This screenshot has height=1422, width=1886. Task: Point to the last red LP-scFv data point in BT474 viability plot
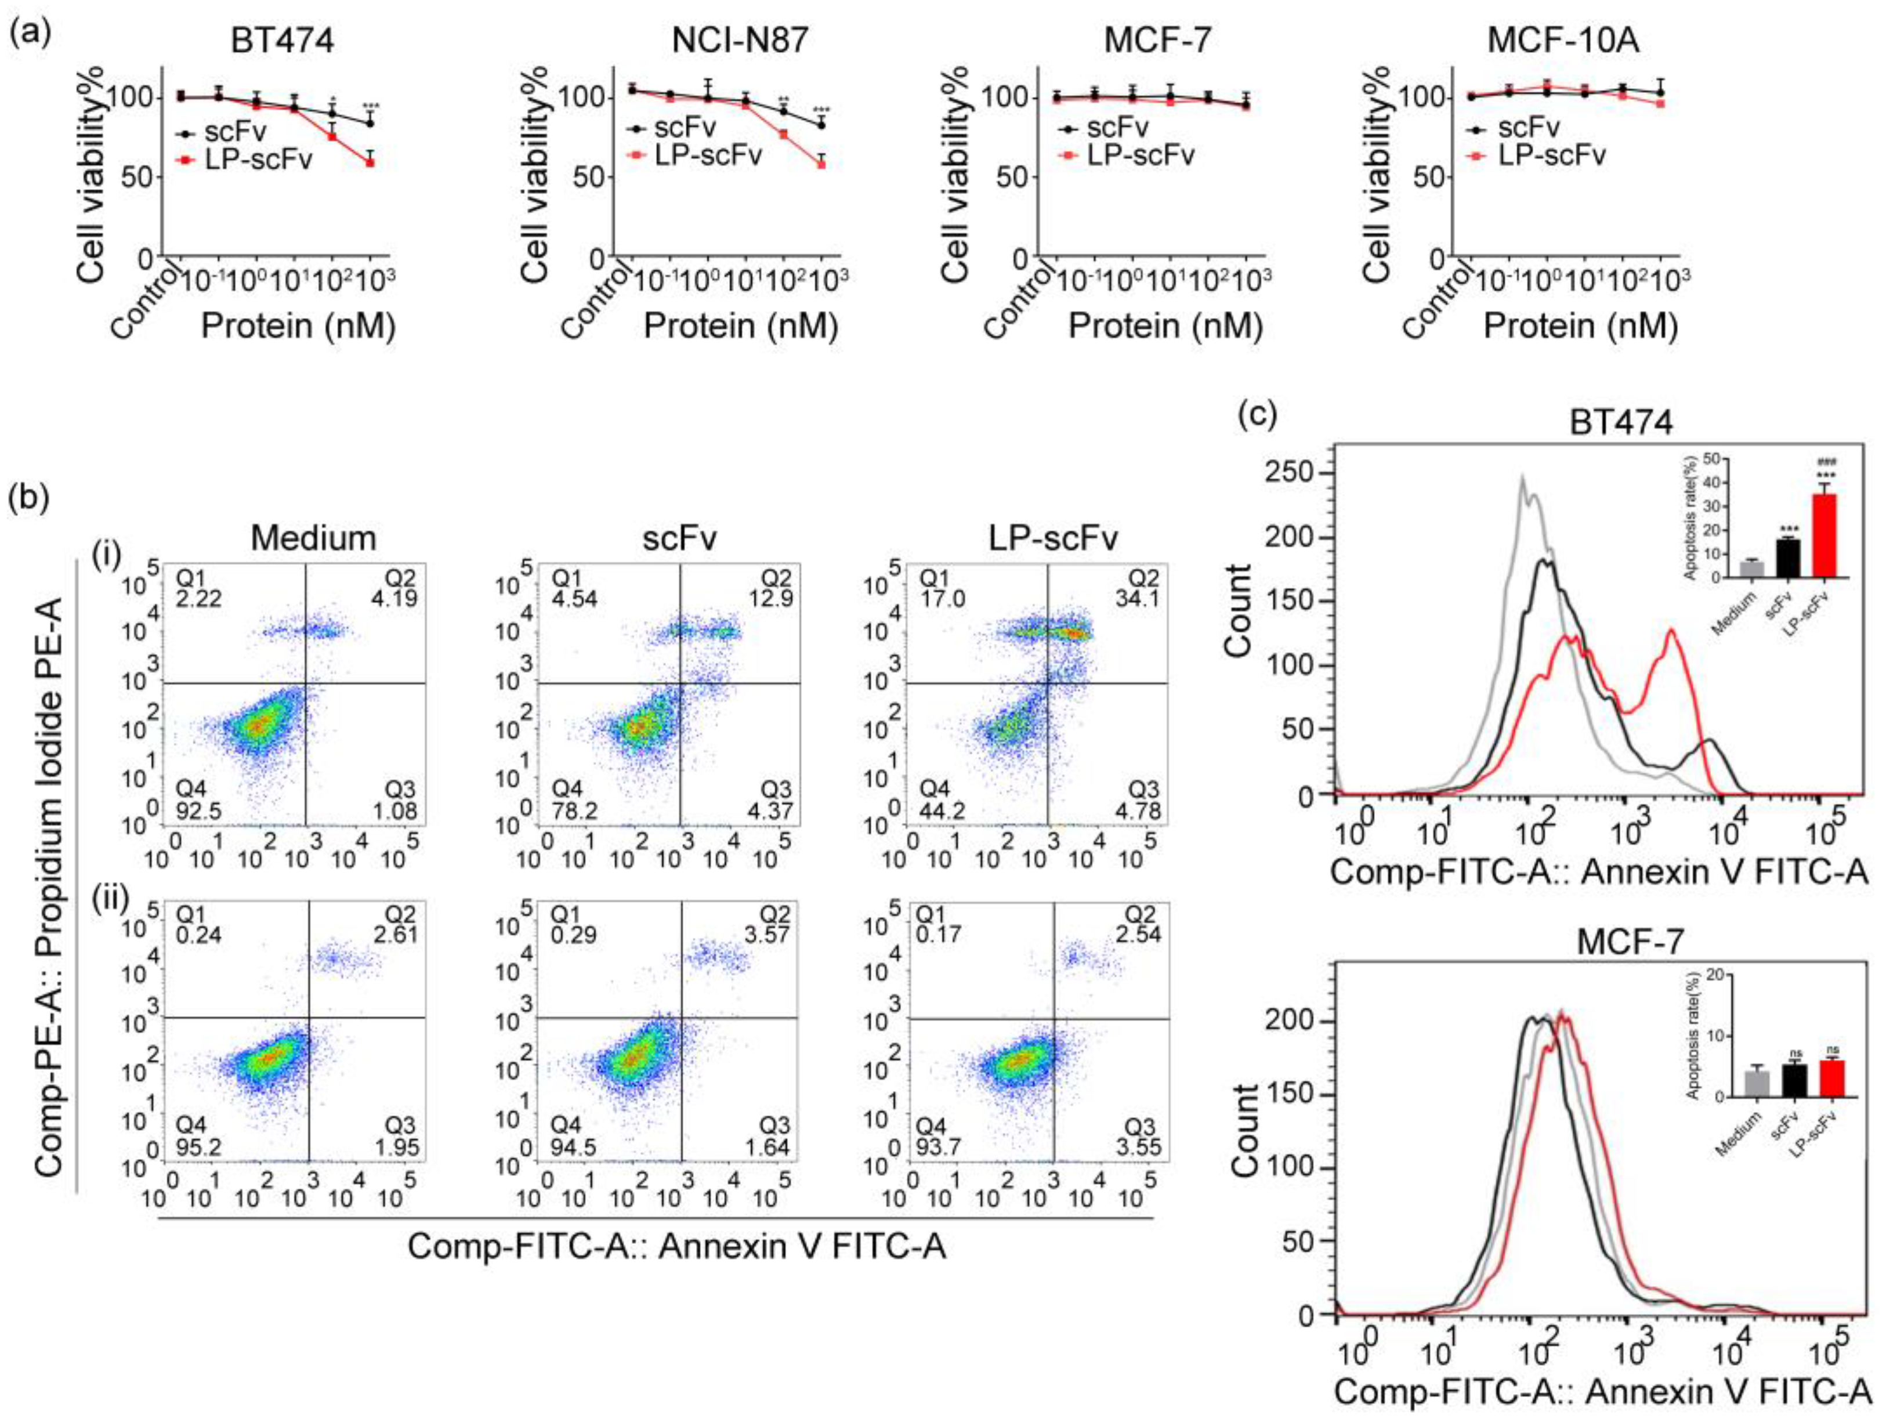[x=370, y=162]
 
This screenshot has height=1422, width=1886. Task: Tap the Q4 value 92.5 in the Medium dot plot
[x=198, y=810]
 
